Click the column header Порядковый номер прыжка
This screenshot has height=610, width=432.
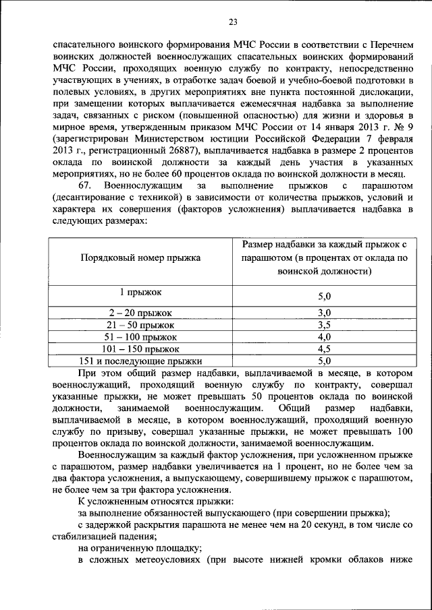(140, 258)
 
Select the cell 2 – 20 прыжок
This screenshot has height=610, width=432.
(141, 313)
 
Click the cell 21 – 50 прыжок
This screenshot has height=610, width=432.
(141, 324)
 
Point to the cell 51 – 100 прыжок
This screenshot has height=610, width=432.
(141, 336)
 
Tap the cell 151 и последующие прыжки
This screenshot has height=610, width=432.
(141, 361)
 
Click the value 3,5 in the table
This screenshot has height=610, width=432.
(324, 324)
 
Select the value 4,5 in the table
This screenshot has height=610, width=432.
(324, 348)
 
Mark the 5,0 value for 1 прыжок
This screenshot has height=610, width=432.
(324, 296)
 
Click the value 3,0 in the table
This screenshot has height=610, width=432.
(324, 312)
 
